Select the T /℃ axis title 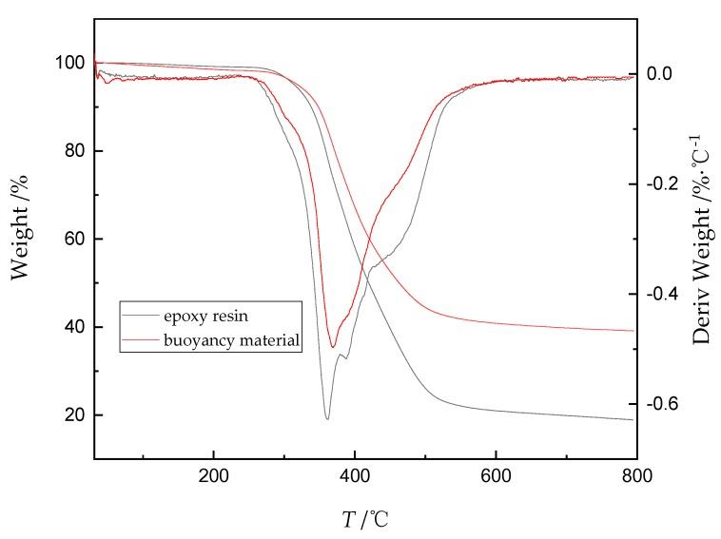click(x=365, y=519)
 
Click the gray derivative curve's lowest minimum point click(x=327, y=418)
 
